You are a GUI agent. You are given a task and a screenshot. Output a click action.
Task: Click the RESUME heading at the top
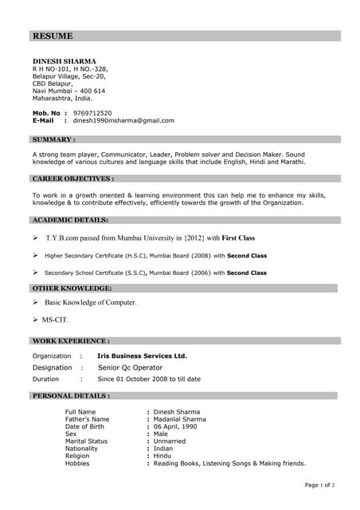pos(53,36)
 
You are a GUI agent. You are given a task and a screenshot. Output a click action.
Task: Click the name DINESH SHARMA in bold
pos(64,61)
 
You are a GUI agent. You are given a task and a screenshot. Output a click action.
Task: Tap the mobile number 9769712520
pos(92,113)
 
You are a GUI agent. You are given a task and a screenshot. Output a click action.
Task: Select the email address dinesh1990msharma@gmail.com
pos(123,120)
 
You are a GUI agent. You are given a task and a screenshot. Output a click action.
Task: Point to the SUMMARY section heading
pos(54,139)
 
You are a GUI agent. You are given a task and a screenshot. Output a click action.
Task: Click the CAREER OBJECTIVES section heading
pos(73,179)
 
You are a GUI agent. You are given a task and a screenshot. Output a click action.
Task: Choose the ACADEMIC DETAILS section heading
pos(70,219)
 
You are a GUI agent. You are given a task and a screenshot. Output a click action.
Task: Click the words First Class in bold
pos(238,237)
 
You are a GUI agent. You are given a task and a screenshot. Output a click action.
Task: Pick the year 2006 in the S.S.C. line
pos(201,273)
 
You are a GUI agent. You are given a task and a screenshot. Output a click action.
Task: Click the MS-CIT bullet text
pos(55,320)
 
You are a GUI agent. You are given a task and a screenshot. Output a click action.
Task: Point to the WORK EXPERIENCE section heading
pos(71,340)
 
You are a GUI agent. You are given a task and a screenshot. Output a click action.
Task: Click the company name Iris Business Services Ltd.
pos(142,355)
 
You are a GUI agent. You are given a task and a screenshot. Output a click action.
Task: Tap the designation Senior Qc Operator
pos(130,367)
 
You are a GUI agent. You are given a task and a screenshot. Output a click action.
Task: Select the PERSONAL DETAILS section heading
pos(71,395)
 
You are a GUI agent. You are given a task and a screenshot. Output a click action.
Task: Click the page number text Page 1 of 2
pos(320,484)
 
